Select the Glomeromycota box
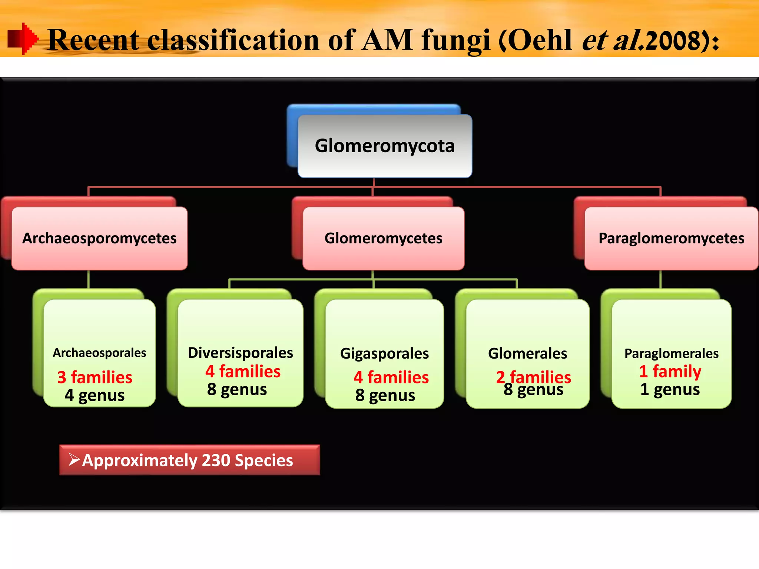[x=385, y=146]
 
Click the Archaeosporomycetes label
[x=99, y=238]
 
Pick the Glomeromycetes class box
[x=383, y=238]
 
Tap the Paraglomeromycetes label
[x=671, y=238]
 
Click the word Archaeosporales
[x=99, y=353]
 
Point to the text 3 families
[x=95, y=377]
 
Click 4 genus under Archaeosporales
[x=95, y=395]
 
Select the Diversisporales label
[x=240, y=353]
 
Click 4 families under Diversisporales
[x=243, y=371]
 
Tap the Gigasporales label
[x=384, y=353]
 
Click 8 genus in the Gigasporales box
[x=385, y=395]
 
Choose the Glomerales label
[x=527, y=353]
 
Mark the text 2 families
[x=534, y=376]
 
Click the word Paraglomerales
[x=671, y=353]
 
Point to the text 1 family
[x=670, y=371]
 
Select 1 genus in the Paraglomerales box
[x=670, y=389]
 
